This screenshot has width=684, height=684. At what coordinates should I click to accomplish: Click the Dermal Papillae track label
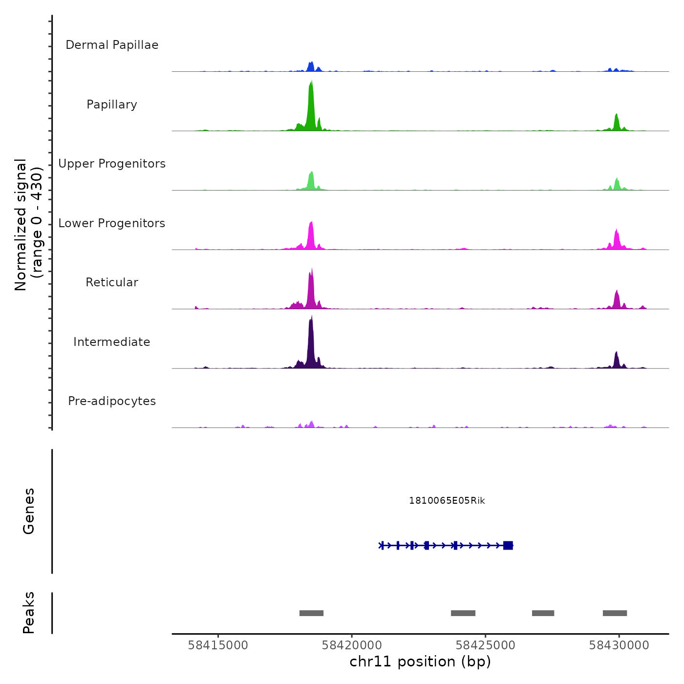112,45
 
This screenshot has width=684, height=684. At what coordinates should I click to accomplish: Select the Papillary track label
112,105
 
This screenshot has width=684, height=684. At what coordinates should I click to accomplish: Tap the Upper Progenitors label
112,164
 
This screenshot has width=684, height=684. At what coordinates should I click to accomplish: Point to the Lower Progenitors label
112,223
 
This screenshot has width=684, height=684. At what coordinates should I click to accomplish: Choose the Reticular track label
112,282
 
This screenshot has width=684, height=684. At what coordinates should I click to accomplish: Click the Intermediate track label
112,342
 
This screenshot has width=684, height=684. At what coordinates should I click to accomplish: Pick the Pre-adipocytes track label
112,401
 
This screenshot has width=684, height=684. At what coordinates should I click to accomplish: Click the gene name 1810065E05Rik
447,501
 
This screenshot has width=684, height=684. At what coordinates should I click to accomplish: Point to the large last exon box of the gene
508,545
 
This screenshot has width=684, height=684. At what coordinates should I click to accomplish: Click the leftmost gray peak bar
311,613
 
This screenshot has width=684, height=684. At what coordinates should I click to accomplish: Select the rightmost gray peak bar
615,613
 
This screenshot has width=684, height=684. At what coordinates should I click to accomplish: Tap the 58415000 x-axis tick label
218,645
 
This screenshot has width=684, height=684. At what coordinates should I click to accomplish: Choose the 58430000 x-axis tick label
619,645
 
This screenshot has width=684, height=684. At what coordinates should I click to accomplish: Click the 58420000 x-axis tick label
352,645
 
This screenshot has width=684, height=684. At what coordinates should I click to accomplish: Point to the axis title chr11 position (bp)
420,662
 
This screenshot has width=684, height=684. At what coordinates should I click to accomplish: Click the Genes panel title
29,511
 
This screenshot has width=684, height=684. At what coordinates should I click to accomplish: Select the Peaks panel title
29,613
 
